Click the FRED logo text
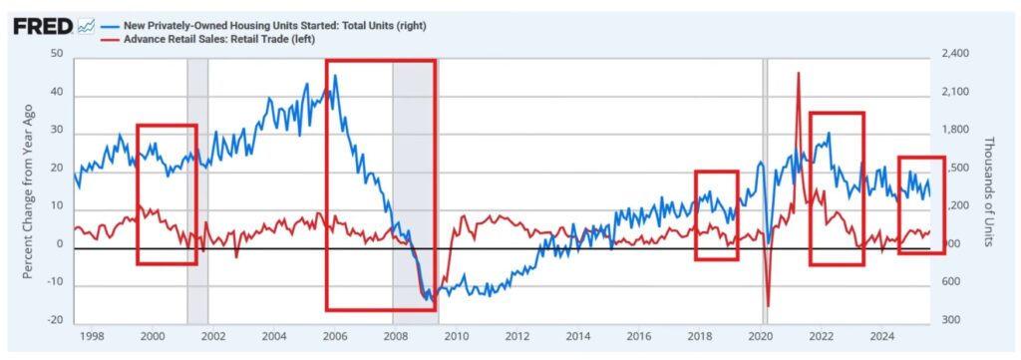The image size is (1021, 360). click(x=42, y=25)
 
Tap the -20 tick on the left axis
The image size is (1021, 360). click(x=56, y=320)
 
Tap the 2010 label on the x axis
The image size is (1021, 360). click(x=454, y=337)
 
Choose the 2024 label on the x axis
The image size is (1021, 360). click(x=880, y=337)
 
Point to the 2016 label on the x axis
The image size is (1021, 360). click(x=637, y=337)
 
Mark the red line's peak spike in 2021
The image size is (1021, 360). click(x=798, y=74)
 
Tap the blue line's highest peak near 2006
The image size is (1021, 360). click(x=335, y=77)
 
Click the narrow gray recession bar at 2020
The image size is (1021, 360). click(x=766, y=189)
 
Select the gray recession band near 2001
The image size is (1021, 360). click(x=197, y=189)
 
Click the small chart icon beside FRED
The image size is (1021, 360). click(x=86, y=25)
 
